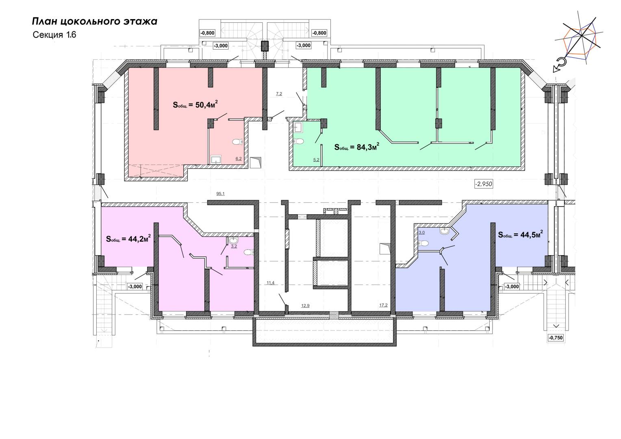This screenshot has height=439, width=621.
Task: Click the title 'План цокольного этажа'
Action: click(x=95, y=22)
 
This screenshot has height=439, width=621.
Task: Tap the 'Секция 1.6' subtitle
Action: click(x=54, y=35)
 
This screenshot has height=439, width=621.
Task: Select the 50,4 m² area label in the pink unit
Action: click(x=195, y=104)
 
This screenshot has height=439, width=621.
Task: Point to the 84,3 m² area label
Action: click(x=357, y=147)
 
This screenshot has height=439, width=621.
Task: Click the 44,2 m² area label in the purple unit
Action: click(x=128, y=239)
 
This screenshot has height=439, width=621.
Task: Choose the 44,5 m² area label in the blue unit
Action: click(x=520, y=235)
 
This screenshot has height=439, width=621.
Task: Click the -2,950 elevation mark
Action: click(x=484, y=184)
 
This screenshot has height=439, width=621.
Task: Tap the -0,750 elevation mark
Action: click(x=556, y=338)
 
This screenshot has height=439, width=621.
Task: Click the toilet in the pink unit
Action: click(x=237, y=142)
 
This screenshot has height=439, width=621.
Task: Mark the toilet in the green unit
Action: click(x=299, y=141)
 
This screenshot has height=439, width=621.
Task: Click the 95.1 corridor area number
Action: click(x=220, y=193)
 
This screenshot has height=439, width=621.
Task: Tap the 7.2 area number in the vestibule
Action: click(x=279, y=94)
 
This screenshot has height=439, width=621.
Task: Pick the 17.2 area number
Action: click(x=383, y=305)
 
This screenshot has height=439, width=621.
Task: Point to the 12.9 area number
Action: click(x=305, y=306)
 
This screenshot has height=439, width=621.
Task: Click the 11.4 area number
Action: click(x=271, y=283)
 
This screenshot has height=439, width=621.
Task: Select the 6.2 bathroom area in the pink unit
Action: click(x=239, y=159)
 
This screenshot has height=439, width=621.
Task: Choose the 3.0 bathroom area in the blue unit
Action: click(x=421, y=233)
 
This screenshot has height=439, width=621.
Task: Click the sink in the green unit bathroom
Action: click(x=298, y=128)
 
